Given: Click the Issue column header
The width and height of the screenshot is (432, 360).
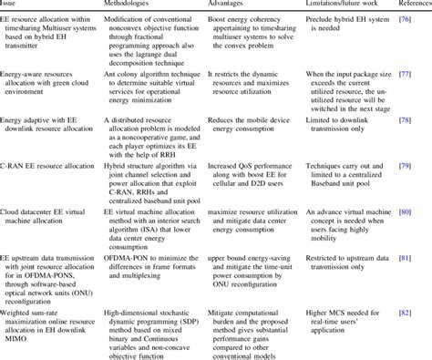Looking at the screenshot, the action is [x=10, y=4].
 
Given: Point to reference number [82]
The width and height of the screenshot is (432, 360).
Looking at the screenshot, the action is [x=420, y=312].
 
